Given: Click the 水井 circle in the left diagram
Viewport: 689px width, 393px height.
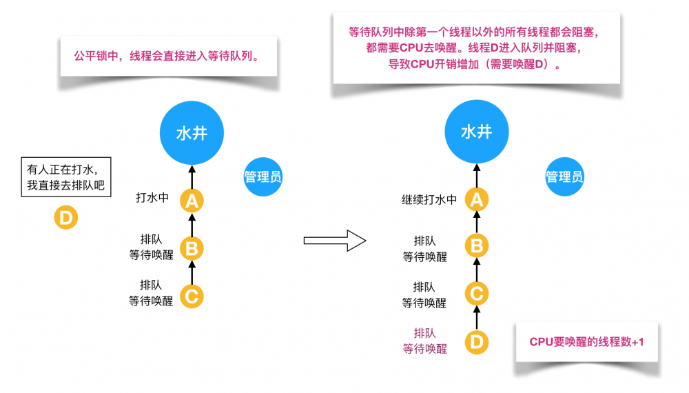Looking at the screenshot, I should (x=192, y=132).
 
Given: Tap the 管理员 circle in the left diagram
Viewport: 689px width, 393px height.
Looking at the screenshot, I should (x=263, y=177).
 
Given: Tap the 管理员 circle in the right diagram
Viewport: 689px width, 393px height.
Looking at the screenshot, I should (x=564, y=177).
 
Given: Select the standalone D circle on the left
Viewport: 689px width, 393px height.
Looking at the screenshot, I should (x=66, y=219).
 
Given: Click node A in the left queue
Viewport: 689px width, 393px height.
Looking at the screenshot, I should (x=192, y=201).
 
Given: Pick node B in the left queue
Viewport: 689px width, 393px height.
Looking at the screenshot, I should (x=192, y=247).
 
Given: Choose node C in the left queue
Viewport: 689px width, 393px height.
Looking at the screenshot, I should (x=192, y=296).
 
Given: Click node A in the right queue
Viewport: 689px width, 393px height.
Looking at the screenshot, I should (x=476, y=201).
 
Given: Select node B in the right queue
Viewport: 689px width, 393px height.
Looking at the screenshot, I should (x=476, y=245).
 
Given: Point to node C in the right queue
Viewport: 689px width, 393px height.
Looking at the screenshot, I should (x=476, y=294).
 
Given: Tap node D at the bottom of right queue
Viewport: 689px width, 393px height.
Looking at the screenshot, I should (x=476, y=342).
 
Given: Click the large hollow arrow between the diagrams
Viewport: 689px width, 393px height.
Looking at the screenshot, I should (x=334, y=241).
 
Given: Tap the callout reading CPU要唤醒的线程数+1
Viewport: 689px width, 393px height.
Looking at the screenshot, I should (x=586, y=342).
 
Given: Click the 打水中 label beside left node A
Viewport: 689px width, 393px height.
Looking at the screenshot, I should (x=152, y=198).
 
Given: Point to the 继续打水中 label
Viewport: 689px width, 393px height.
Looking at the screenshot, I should (x=429, y=199).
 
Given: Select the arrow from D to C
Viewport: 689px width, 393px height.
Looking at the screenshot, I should (x=476, y=318).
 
